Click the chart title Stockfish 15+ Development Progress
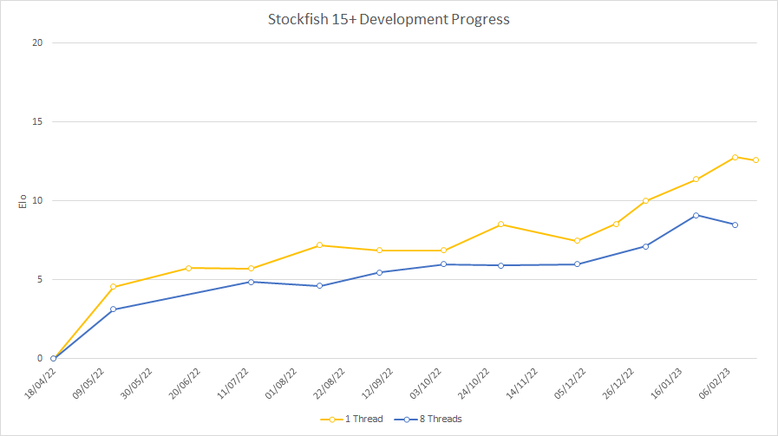389,19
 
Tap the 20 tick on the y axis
38,42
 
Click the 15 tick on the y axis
38,121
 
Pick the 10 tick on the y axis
38,200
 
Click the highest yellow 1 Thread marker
735,157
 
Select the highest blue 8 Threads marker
696,215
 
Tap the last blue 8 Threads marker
735,225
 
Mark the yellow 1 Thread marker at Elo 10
645,201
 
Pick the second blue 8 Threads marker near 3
113,309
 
